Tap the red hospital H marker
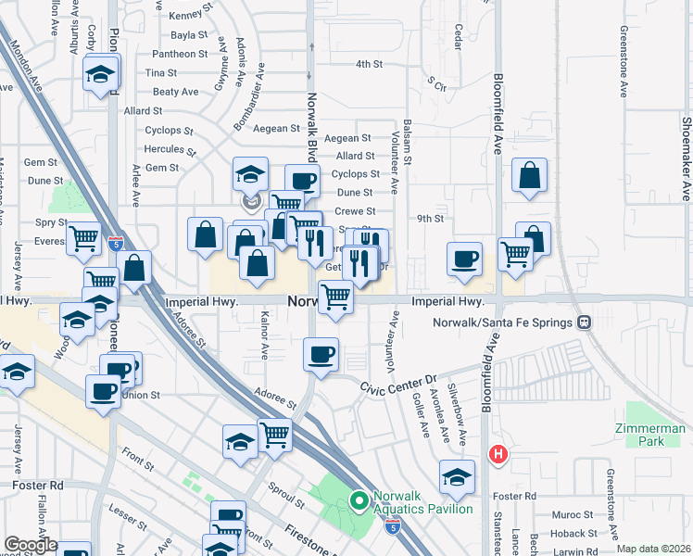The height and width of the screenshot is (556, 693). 498,454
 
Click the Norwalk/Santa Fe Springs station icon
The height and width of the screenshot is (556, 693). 585,322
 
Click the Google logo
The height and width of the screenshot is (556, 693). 31,545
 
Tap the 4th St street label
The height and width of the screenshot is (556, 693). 370,64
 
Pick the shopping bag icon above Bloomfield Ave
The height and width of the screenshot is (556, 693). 529,178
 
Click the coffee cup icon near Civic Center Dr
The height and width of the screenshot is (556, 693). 321,357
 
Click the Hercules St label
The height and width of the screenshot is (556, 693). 170,149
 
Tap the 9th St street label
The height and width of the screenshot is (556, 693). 431,219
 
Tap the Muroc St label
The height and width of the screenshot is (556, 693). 571,514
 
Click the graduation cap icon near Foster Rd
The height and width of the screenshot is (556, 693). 457,477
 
